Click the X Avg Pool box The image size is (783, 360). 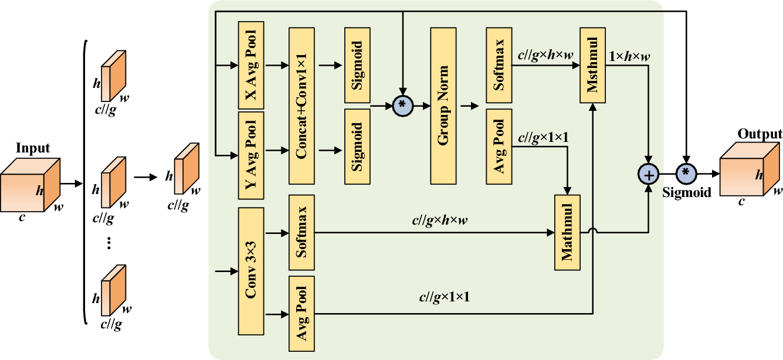(251, 64)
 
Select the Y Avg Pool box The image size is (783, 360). (251, 153)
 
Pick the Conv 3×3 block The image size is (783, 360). (251, 270)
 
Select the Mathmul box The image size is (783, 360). (567, 232)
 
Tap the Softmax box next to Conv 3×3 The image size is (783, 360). (301, 232)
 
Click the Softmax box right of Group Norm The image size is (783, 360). (499, 64)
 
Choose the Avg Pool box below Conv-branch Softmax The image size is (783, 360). (301, 313)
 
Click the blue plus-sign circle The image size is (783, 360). (649, 174)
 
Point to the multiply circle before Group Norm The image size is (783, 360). (402, 104)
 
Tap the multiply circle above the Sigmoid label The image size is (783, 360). (686, 174)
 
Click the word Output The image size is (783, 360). (760, 134)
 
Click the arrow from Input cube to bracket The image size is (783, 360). (70, 184)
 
